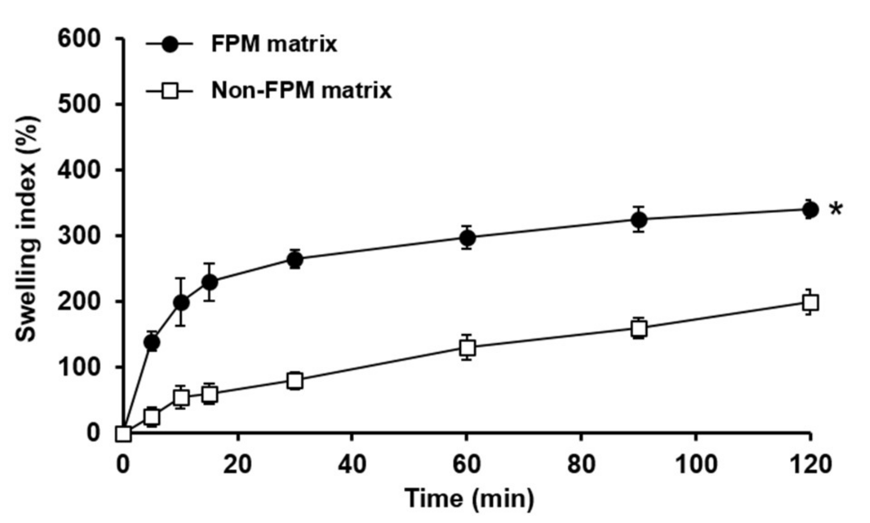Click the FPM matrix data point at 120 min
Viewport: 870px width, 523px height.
(810, 210)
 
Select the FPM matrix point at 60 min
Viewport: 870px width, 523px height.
(468, 238)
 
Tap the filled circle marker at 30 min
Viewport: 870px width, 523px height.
(295, 259)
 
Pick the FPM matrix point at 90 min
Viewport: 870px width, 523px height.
(638, 220)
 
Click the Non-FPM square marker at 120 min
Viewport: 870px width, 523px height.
(810, 302)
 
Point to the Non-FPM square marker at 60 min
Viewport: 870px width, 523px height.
(468, 348)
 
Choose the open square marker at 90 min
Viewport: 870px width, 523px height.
(638, 328)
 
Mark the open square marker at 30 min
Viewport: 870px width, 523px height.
(295, 380)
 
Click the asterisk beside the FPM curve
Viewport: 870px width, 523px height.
(836, 209)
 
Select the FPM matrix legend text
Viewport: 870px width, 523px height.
(274, 44)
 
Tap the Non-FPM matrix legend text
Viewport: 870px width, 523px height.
(301, 90)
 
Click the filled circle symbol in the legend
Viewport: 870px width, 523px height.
(170, 44)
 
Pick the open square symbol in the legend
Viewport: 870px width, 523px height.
(170, 92)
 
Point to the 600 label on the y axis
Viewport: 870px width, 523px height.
(79, 39)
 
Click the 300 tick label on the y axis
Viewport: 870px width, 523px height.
(79, 236)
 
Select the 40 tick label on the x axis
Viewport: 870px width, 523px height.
(352, 465)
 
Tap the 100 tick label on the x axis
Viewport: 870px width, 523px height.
(695, 465)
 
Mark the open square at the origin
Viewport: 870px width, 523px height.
(123, 434)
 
